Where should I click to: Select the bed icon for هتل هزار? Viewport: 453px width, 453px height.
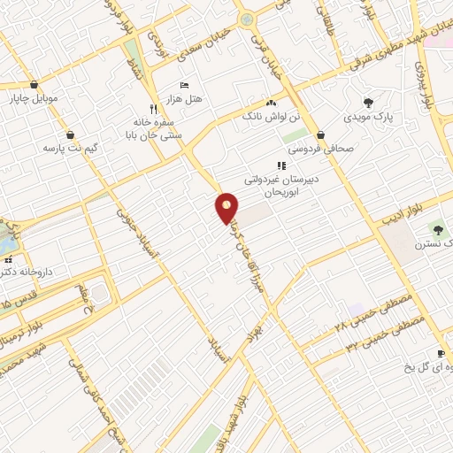coord(183,85)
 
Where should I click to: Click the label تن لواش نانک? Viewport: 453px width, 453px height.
coord(280,118)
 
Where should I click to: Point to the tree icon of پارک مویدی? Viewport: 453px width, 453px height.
coord(368,103)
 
